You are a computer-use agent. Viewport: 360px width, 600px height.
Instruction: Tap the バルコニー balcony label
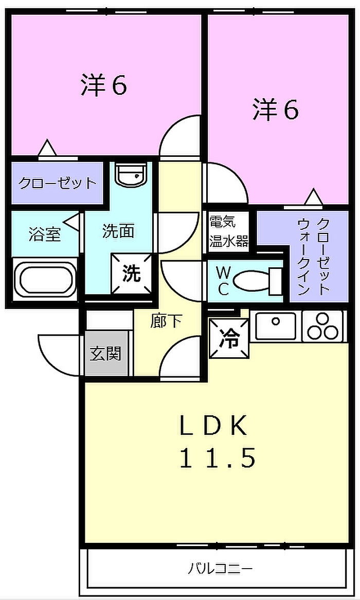(x=220, y=569)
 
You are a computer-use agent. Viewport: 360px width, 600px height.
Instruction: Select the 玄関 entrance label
(x=105, y=353)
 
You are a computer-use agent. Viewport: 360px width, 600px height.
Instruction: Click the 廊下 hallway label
(x=166, y=321)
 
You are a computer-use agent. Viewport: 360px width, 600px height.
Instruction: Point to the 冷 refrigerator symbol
(x=229, y=338)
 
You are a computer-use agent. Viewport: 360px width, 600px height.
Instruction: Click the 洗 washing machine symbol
(x=131, y=273)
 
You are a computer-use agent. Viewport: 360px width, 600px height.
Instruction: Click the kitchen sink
(x=276, y=325)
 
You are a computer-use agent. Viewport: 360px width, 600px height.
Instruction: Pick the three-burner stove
(x=323, y=325)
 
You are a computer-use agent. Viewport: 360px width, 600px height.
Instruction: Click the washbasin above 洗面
(x=131, y=175)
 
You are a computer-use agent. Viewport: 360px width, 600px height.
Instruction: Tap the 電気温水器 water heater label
(x=228, y=231)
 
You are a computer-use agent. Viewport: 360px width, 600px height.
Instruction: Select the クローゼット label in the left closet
(x=57, y=183)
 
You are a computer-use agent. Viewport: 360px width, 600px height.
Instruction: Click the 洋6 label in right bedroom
(x=275, y=110)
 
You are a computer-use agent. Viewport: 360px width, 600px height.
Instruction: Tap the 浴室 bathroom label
(x=45, y=234)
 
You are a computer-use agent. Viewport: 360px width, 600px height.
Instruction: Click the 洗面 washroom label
(x=118, y=231)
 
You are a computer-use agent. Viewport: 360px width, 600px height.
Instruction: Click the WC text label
(x=223, y=281)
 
